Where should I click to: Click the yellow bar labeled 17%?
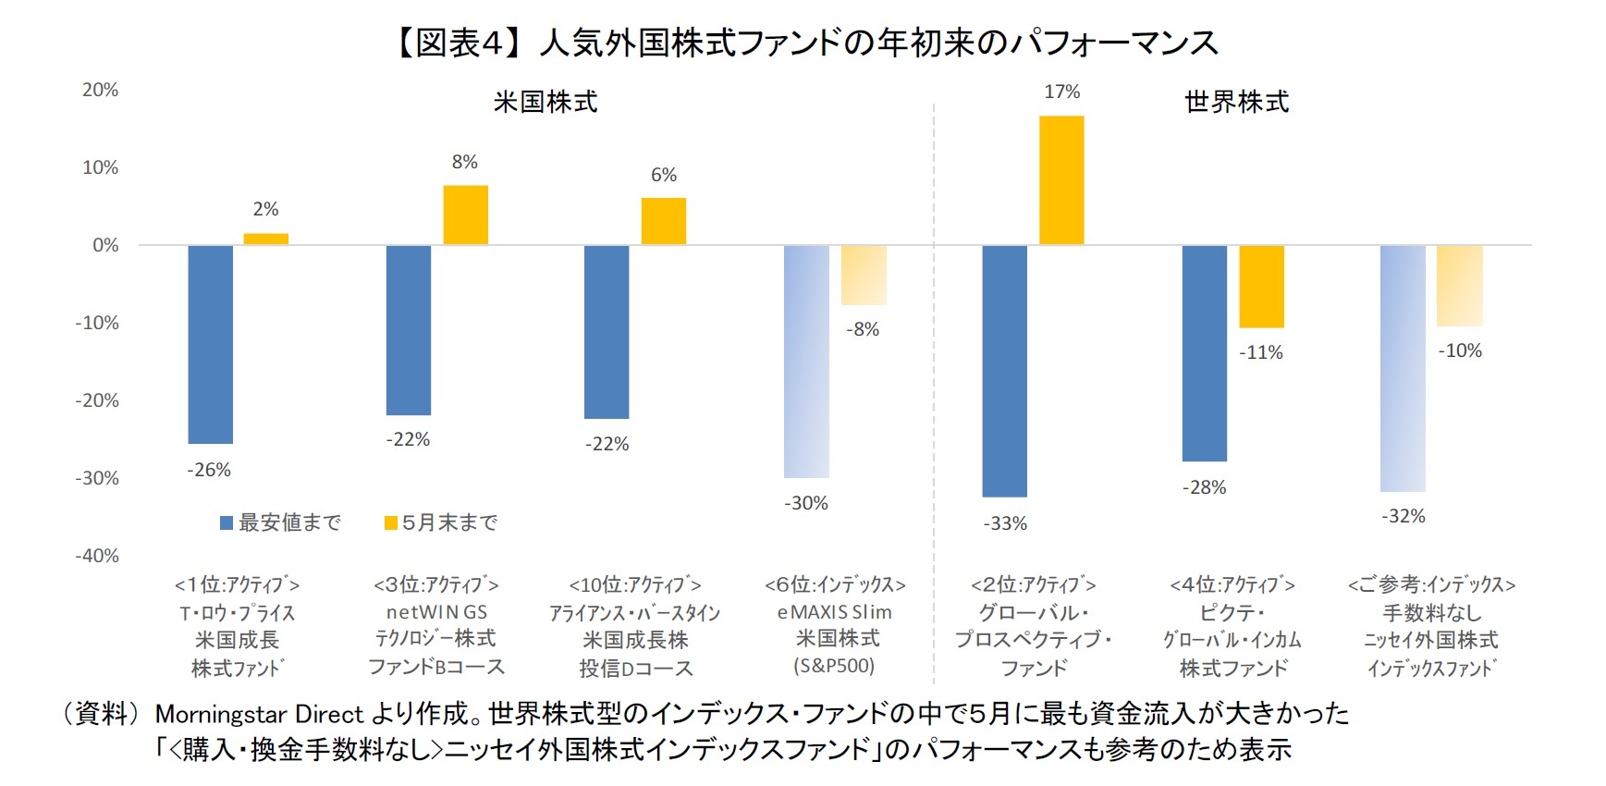pyautogui.click(x=1061, y=180)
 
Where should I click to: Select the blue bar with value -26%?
pyautogui.click(x=211, y=344)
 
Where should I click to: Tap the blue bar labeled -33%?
pyautogui.click(x=1004, y=371)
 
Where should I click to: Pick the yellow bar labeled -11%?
pyautogui.click(x=1261, y=287)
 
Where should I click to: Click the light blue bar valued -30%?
pyautogui.click(x=806, y=362)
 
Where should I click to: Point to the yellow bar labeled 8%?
pyautogui.click(x=465, y=215)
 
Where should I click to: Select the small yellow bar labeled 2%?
pyautogui.click(x=265, y=239)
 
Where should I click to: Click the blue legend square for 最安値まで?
pyautogui.click(x=227, y=523)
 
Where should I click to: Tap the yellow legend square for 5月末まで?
pyautogui.click(x=391, y=523)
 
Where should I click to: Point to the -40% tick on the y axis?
pyautogui.click(x=97, y=556)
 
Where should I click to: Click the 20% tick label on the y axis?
pyautogui.click(x=100, y=90)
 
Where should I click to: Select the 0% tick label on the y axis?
pyautogui.click(x=105, y=245)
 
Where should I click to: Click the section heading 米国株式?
pyautogui.click(x=546, y=102)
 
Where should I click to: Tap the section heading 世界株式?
pyautogui.click(x=1236, y=102)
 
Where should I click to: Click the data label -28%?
pyautogui.click(x=1204, y=487)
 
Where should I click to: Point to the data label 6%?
pyautogui.click(x=663, y=175)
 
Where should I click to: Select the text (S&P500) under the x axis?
pyautogui.click(x=834, y=666)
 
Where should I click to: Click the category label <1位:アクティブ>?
pyautogui.click(x=237, y=584)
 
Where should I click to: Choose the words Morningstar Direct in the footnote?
pyautogui.click(x=259, y=714)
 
